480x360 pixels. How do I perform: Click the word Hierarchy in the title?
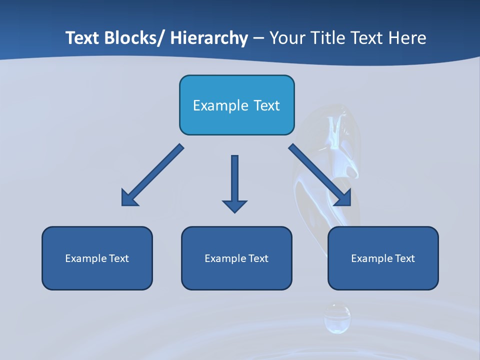[209, 38]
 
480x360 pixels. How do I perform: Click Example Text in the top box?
[236, 105]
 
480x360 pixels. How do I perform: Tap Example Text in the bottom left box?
[97, 258]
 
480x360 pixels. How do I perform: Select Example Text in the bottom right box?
[383, 258]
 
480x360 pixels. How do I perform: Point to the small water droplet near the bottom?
[337, 318]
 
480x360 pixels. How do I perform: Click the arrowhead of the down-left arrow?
[129, 198]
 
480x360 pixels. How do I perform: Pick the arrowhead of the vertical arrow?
[234, 205]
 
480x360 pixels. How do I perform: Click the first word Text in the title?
[82, 38]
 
